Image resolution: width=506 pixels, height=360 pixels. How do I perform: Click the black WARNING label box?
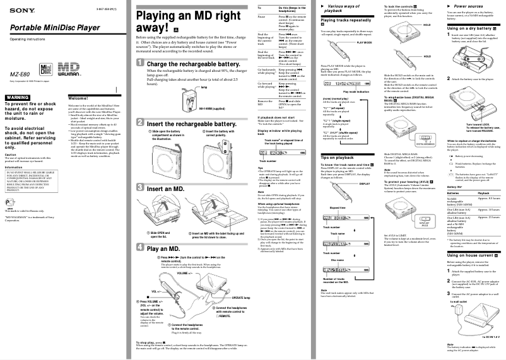pyautogui.click(x=17, y=96)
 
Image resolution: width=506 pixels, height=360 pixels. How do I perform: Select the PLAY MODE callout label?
pyautogui.click(x=365, y=42)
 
